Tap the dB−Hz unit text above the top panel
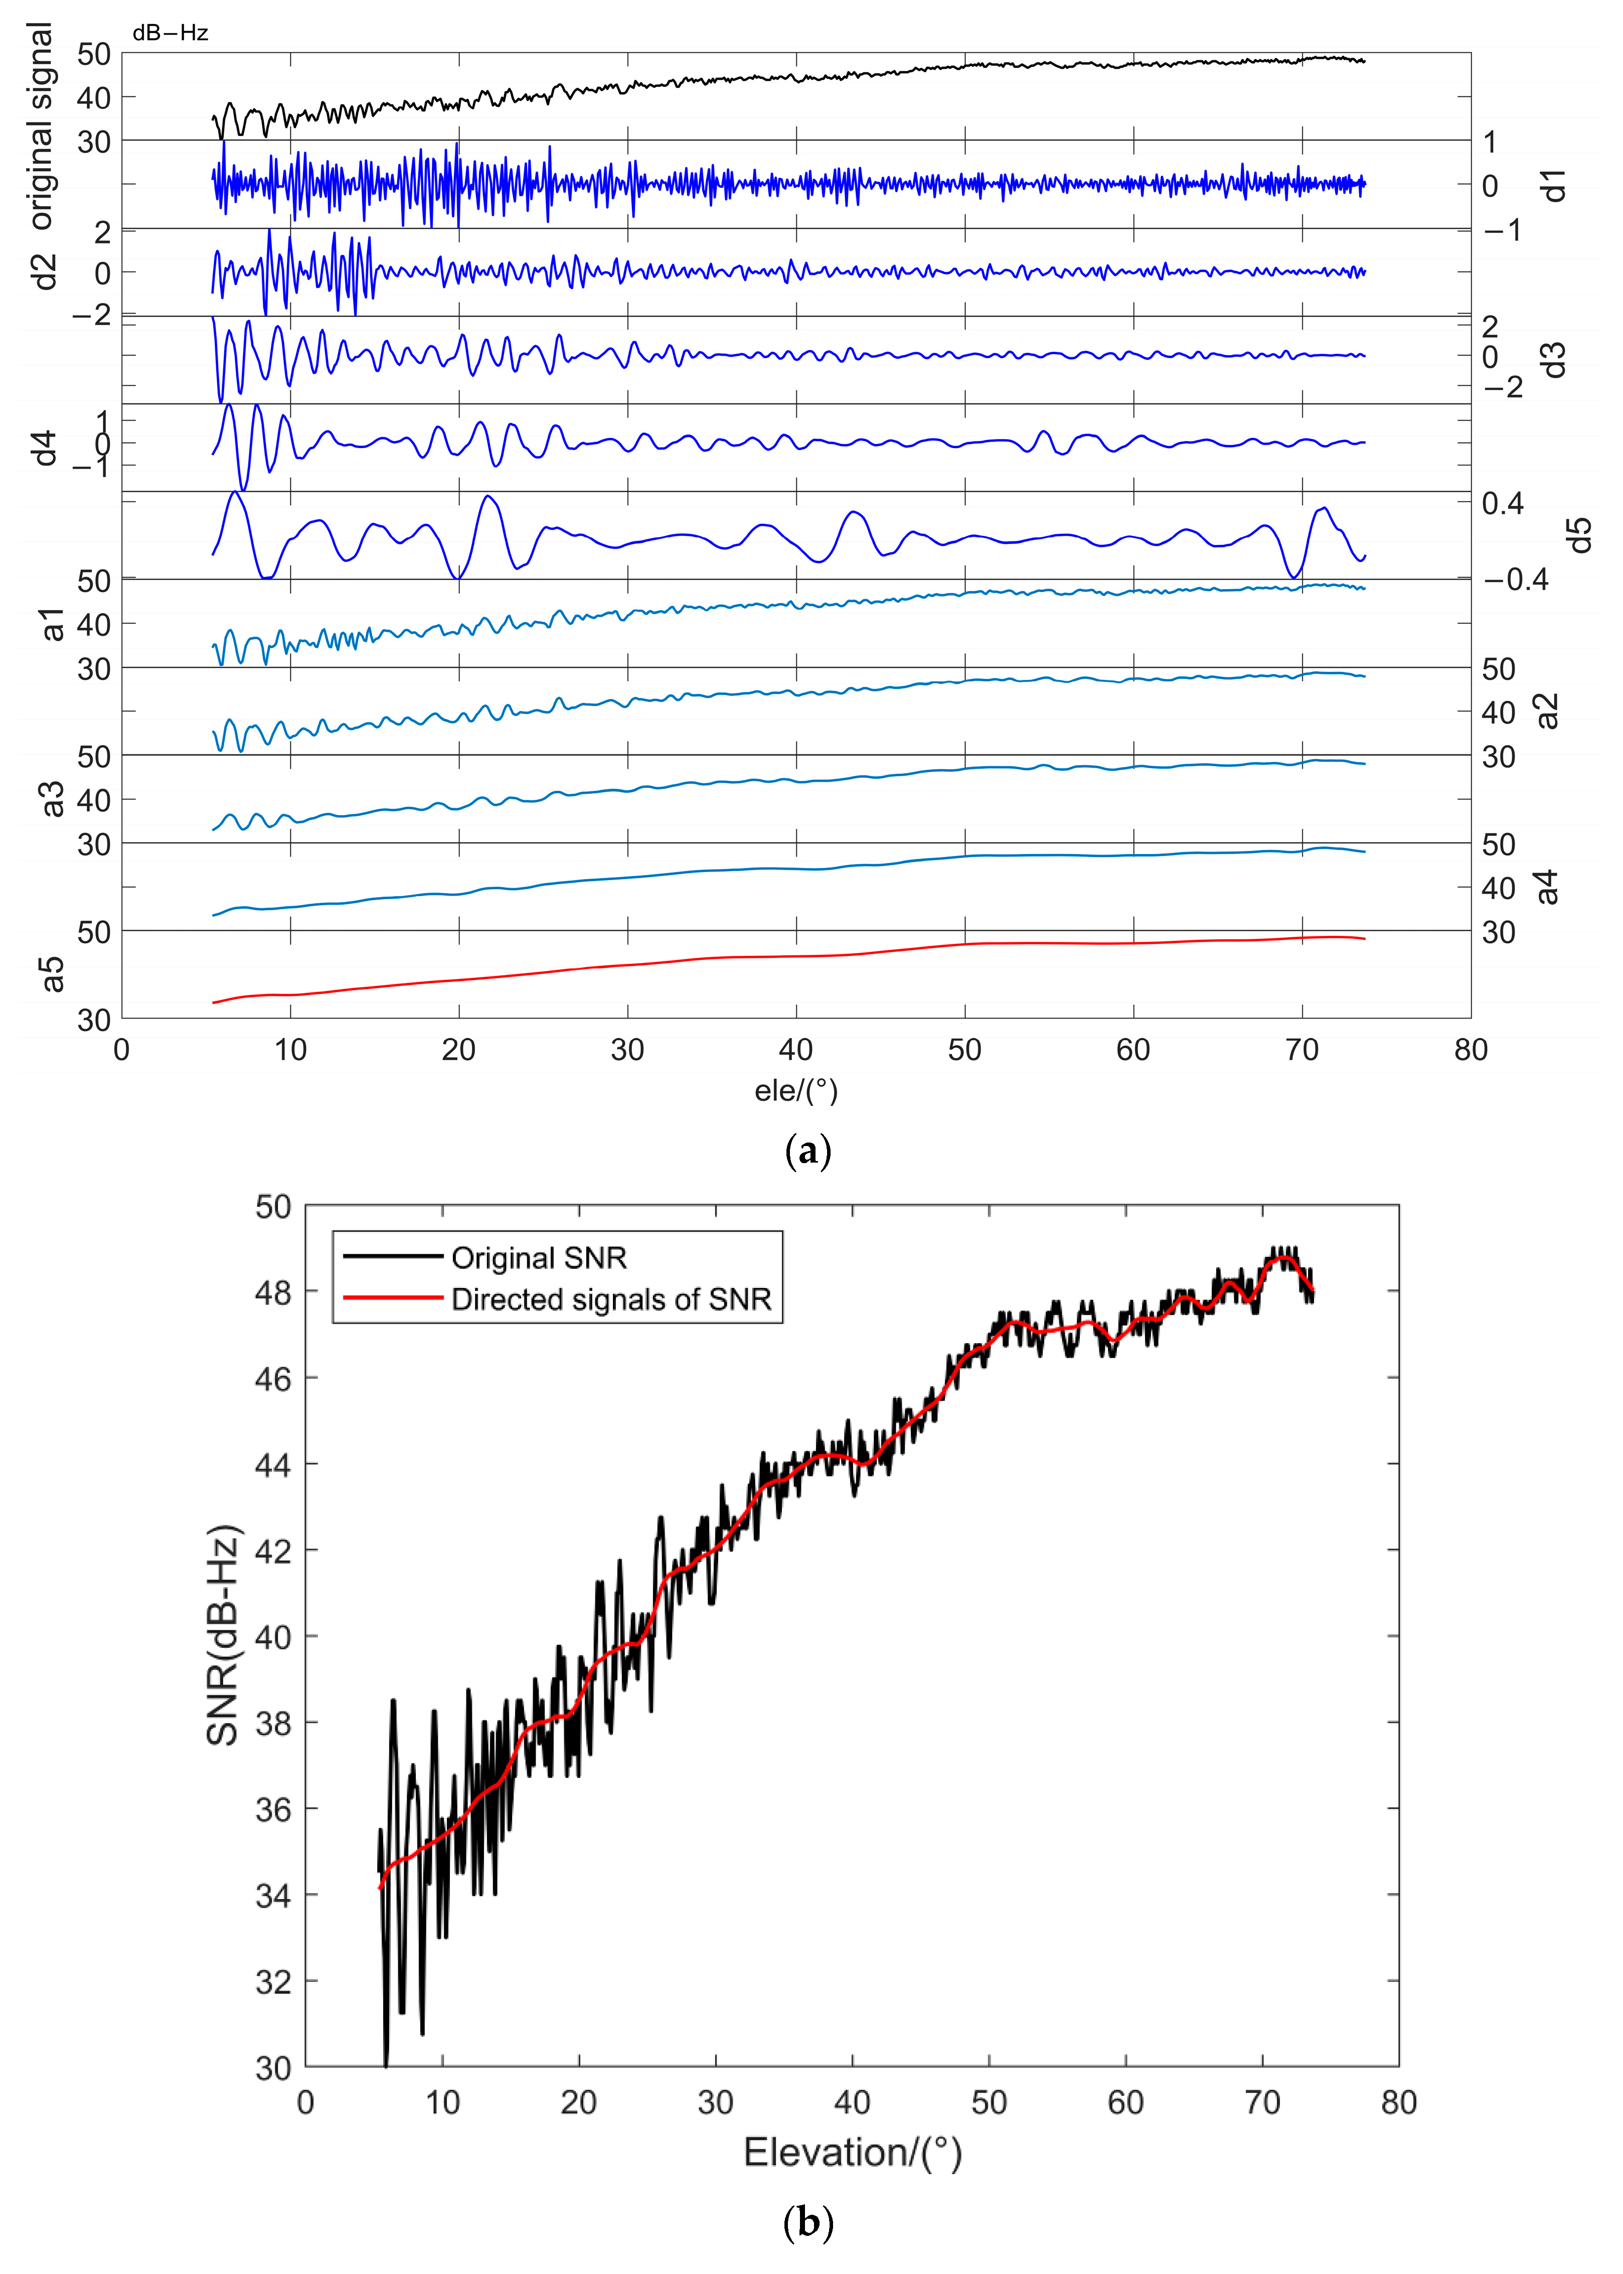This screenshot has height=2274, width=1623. click(x=170, y=33)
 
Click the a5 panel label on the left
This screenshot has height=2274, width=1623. click(x=52, y=974)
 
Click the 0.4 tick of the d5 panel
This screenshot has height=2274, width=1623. click(x=1502, y=504)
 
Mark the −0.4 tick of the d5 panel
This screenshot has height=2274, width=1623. click(x=1514, y=580)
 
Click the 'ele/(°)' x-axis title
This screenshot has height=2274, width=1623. click(x=795, y=1090)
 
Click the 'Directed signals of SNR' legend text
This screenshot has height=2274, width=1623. click(x=610, y=1300)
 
